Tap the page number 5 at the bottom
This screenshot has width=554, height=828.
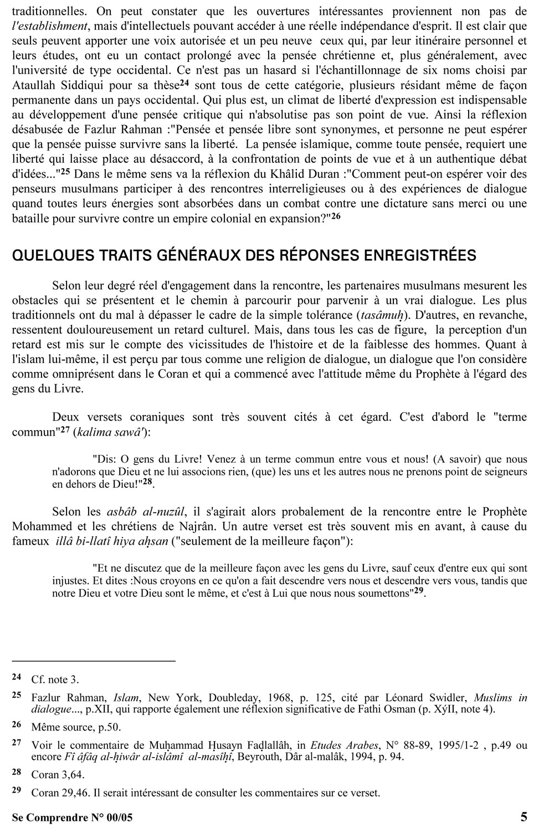click(524, 817)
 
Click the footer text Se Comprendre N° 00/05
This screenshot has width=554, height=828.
click(72, 817)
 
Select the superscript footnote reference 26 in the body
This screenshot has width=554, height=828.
click(336, 216)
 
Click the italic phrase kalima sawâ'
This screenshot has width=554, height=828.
click(106, 432)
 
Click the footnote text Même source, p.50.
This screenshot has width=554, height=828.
click(76, 727)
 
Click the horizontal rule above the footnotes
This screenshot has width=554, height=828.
click(94, 661)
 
